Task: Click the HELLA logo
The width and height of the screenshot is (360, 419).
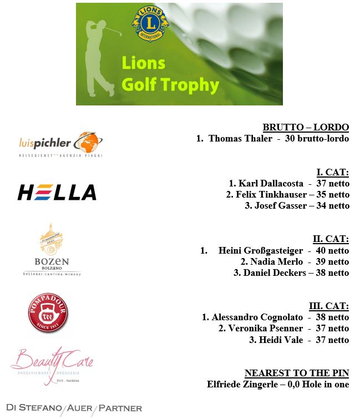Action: [x=57, y=193]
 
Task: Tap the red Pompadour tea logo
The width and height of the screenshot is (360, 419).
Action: [x=48, y=314]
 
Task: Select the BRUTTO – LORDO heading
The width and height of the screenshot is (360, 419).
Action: [x=306, y=127]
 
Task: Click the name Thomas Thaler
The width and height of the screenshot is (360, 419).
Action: [x=240, y=139]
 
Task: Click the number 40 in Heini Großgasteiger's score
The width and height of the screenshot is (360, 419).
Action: [x=323, y=251]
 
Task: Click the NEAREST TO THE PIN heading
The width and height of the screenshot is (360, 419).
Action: [x=297, y=373]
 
